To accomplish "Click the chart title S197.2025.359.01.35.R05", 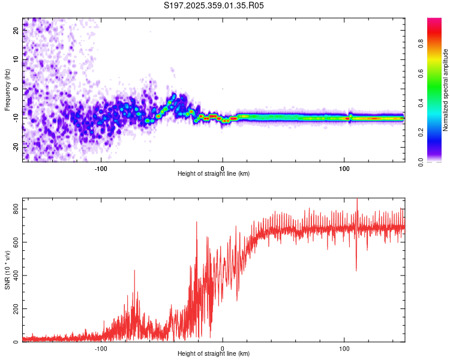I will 214,6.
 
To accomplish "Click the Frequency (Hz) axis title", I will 7,90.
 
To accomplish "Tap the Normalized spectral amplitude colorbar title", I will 446,90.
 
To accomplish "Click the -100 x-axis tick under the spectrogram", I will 101,169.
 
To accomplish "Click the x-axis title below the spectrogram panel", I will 214,174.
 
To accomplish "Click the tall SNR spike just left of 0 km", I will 196,223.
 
